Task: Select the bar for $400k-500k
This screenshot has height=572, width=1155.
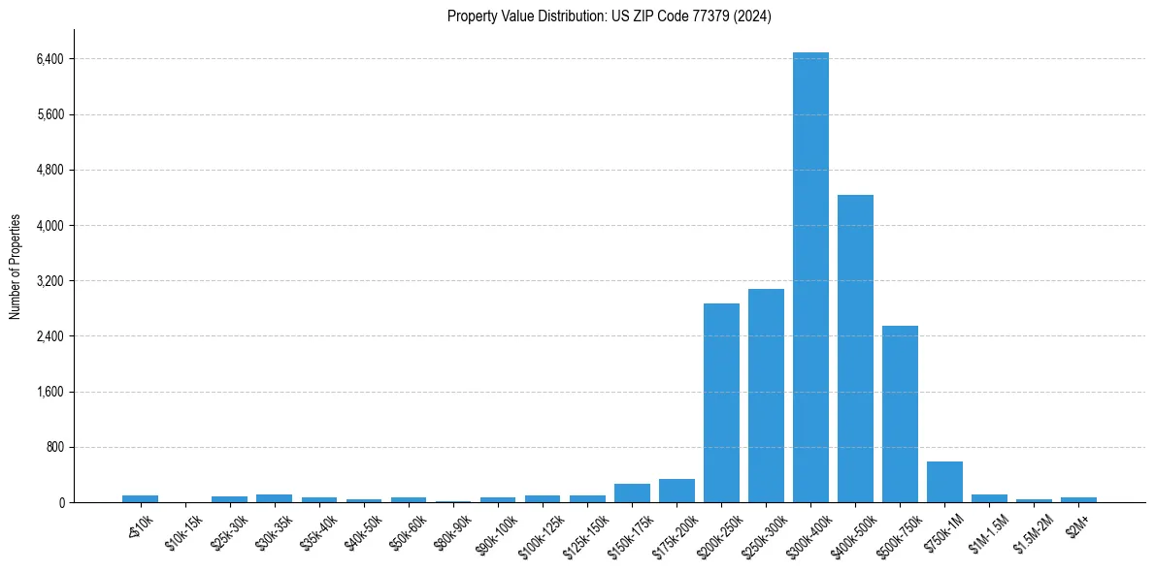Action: coord(855,349)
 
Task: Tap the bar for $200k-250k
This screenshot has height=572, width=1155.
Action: coord(721,403)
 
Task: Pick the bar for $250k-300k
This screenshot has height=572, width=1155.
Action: coord(766,396)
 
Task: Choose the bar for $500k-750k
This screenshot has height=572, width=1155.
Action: coord(900,414)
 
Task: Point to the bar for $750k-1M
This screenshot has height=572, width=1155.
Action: coord(944,482)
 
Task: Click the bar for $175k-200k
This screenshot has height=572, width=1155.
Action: coord(676,491)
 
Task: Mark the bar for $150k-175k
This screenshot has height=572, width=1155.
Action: coord(632,493)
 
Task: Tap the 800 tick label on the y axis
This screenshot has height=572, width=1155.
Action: coord(52,448)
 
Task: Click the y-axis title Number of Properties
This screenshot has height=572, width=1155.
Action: coord(16,267)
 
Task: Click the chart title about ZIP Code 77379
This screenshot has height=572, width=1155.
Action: coord(610,16)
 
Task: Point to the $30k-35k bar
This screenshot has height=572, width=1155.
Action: coord(275,498)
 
